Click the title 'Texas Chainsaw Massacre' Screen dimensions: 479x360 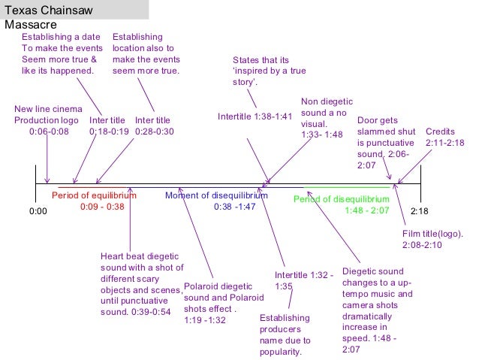(53, 17)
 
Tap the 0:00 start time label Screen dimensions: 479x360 (38, 211)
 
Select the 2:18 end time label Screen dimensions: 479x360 (420, 211)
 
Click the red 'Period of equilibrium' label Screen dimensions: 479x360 (95, 201)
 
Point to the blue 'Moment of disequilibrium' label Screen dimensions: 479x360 (216, 201)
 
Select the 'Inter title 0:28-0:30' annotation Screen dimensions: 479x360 (154, 126)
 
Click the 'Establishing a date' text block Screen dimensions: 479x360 (59, 53)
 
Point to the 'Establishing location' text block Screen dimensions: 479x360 (146, 53)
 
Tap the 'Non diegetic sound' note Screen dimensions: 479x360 (326, 118)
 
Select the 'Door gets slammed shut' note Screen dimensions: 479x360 (385, 136)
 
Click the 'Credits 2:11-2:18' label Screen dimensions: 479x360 (444, 136)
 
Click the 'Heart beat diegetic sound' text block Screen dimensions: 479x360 (141, 284)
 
